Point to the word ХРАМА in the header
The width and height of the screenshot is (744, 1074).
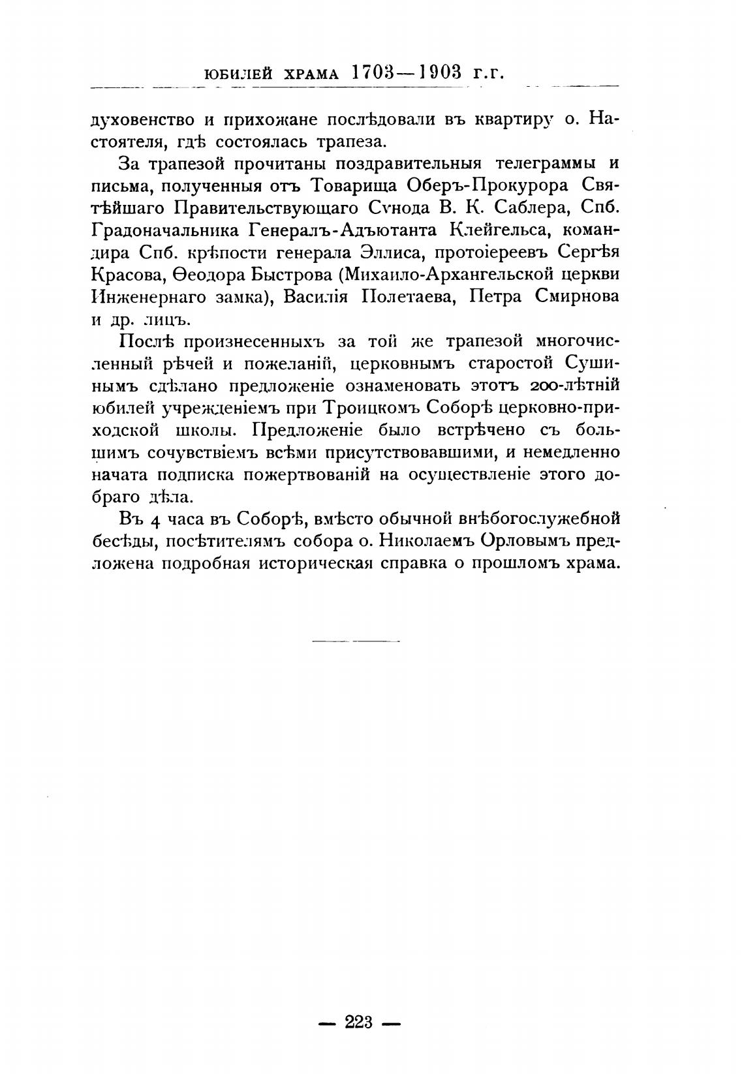tap(309, 73)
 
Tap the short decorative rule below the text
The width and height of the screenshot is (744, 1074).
tap(356, 641)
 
